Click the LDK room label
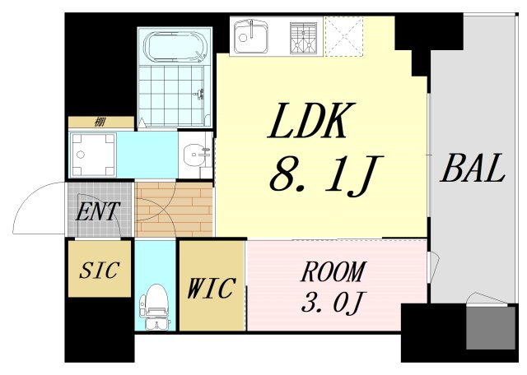pyautogui.click(x=312, y=124)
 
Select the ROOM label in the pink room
pyautogui.click(x=332, y=272)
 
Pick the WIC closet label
pyautogui.click(x=212, y=289)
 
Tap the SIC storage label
pyautogui.click(x=99, y=270)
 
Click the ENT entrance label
pyautogui.click(x=98, y=211)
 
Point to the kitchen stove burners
pyautogui.click(x=304, y=35)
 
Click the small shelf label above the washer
pyautogui.click(x=100, y=123)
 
